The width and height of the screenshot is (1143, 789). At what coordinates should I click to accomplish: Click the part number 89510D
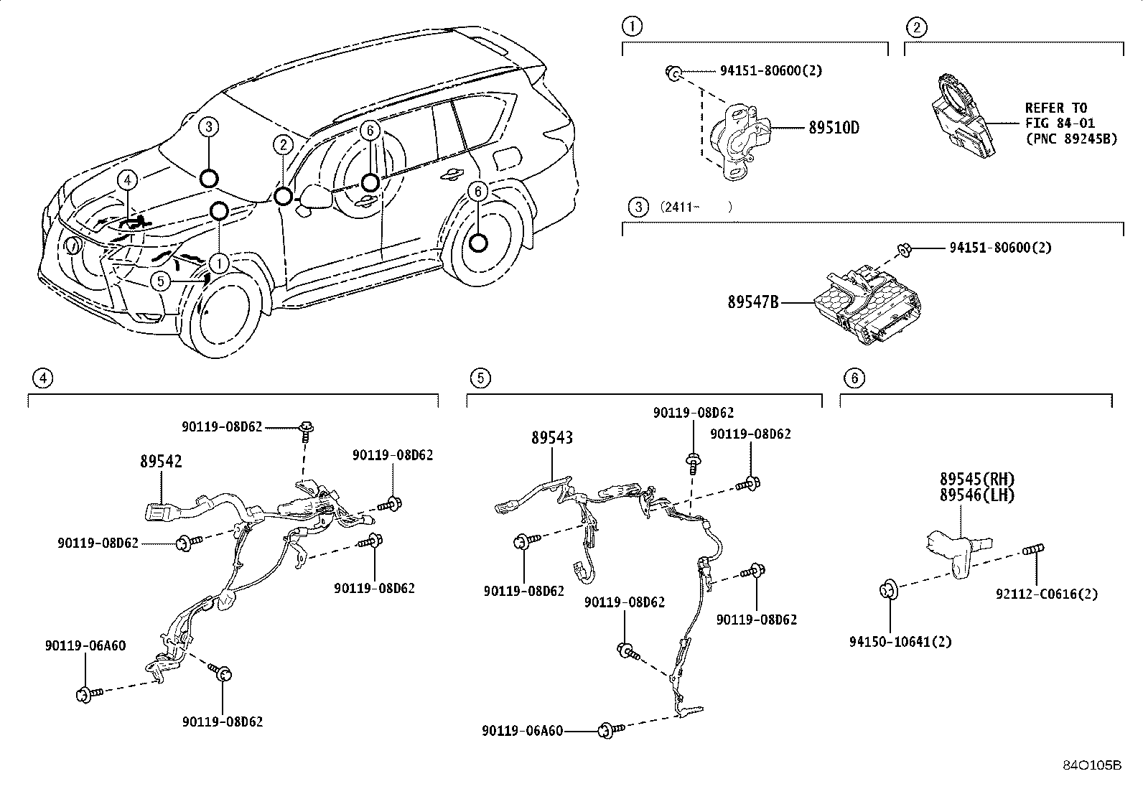tap(834, 128)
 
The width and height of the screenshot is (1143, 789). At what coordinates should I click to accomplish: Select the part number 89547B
tap(752, 303)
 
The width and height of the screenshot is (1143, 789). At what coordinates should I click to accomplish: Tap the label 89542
tap(161, 462)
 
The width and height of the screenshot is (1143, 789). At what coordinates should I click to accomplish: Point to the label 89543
tap(552, 437)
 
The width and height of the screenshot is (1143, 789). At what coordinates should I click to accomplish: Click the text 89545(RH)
tap(977, 479)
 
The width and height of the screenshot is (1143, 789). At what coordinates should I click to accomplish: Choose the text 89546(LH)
tap(977, 495)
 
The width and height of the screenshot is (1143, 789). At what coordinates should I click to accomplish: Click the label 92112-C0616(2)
tap(1046, 594)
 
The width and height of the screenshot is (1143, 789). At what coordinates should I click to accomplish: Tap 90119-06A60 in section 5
tap(522, 731)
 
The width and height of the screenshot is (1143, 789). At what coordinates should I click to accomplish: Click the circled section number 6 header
tap(853, 378)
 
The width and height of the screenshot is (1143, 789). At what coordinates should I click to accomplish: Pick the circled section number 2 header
tap(917, 28)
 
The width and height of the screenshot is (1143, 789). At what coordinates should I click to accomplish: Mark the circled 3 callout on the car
tap(207, 128)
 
